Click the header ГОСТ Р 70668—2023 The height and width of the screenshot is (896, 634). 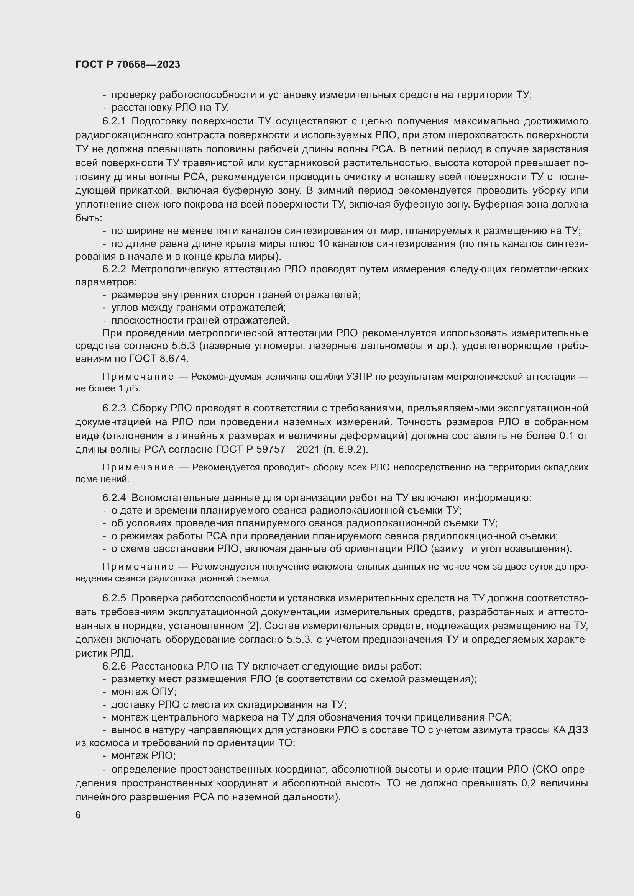click(128, 64)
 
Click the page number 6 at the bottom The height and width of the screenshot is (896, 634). click(78, 815)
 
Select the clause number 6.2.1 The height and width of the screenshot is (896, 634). click(114, 121)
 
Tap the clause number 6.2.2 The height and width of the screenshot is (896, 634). click(114, 269)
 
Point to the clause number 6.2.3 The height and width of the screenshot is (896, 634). click(114, 408)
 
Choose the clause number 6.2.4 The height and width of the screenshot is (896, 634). click(114, 498)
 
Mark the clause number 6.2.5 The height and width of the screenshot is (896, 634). click(114, 598)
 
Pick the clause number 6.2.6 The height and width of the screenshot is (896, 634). click(114, 666)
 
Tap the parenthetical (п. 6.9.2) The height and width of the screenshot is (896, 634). click(345, 450)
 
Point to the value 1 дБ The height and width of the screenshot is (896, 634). click(130, 389)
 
